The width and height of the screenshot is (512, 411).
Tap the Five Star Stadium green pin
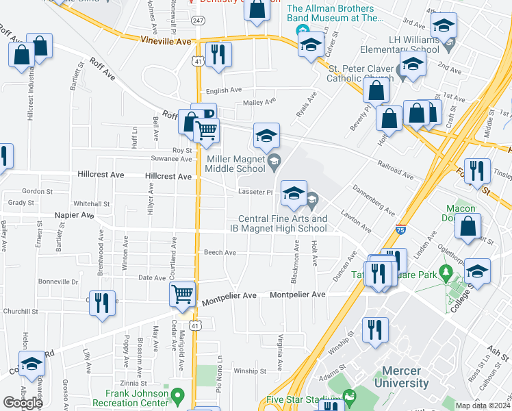(350, 395)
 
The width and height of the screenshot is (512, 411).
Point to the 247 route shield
(198, 21)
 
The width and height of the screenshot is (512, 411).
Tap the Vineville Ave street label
(166, 42)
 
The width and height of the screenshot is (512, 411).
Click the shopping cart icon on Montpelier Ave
(183, 295)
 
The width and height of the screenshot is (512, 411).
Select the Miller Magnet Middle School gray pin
(274, 162)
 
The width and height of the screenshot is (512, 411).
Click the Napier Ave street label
(76, 215)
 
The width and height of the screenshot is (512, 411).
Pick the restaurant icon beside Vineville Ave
(218, 55)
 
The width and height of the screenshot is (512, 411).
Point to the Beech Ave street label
(220, 253)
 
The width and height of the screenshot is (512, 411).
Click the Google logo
(23, 403)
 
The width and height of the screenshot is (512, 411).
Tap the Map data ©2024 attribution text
(482, 406)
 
